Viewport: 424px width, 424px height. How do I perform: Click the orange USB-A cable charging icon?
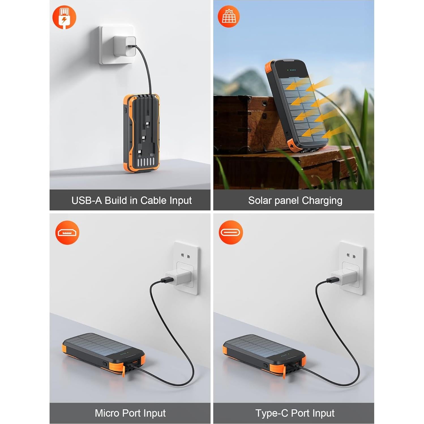pyautogui.click(x=64, y=18)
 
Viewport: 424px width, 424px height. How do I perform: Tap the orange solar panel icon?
pyautogui.click(x=229, y=16)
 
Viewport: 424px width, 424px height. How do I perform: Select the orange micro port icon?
pyautogui.click(x=67, y=233)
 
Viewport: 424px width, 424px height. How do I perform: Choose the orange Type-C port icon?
pyautogui.click(x=231, y=232)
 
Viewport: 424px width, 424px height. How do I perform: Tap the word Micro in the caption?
pyautogui.click(x=107, y=413)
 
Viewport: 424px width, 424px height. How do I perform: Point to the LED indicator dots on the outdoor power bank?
pyautogui.click(x=292, y=70)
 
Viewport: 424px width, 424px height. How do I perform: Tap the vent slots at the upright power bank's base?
pyautogui.click(x=146, y=162)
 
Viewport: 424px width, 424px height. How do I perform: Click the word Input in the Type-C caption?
pyautogui.click(x=321, y=413)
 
